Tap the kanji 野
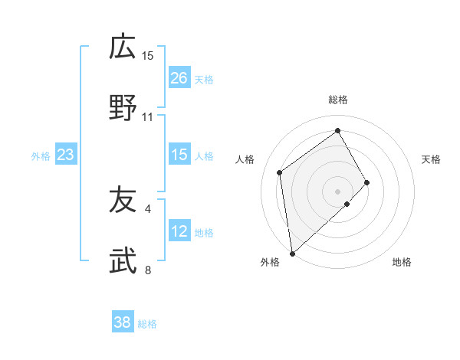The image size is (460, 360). click(123, 108)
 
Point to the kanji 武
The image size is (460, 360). click(123, 262)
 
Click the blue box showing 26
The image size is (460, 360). click(179, 78)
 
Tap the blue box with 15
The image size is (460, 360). click(179, 155)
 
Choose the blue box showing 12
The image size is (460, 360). click(179, 231)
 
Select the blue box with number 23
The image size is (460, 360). click(66, 155)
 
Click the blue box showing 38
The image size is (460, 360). click(123, 322)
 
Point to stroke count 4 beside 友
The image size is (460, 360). click(148, 208)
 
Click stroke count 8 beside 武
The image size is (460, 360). click(148, 270)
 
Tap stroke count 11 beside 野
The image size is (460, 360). click(148, 116)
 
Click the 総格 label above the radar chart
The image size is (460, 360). click(338, 100)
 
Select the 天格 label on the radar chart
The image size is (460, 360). click(432, 159)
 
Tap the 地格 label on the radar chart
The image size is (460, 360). click(402, 262)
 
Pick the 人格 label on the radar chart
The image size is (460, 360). click(245, 159)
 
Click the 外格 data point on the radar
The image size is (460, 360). click(291, 254)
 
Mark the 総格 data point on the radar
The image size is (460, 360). click(338, 130)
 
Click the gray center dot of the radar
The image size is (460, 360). click(338, 191)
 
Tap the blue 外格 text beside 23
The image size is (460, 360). click(41, 156)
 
